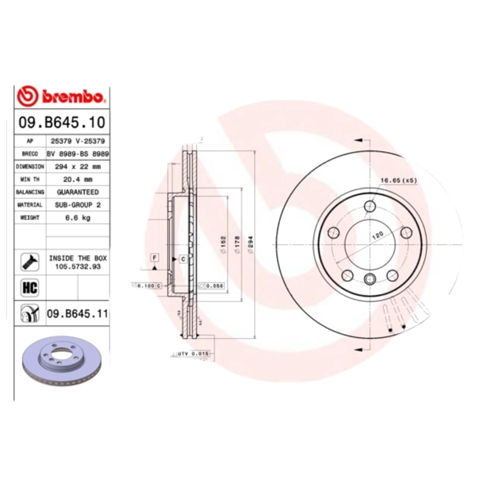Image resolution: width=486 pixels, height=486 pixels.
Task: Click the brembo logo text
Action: (x=72, y=97)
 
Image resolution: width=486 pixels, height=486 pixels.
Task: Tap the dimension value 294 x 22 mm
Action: (x=78, y=165)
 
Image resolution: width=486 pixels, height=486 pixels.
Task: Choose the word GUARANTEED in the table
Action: (x=78, y=191)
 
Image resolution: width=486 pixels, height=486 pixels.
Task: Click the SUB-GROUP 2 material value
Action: (x=78, y=205)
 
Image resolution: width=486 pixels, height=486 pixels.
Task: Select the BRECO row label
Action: (x=30, y=154)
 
